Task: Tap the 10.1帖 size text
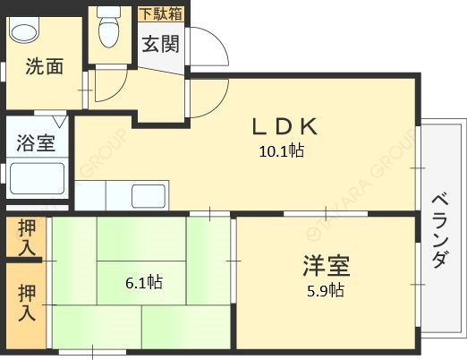(282, 150)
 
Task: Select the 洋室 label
(324, 266)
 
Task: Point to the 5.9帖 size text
(324, 289)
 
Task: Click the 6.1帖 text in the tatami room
(143, 282)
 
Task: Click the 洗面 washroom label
(44, 65)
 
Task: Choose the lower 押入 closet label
(26, 302)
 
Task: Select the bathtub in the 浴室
(37, 180)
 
